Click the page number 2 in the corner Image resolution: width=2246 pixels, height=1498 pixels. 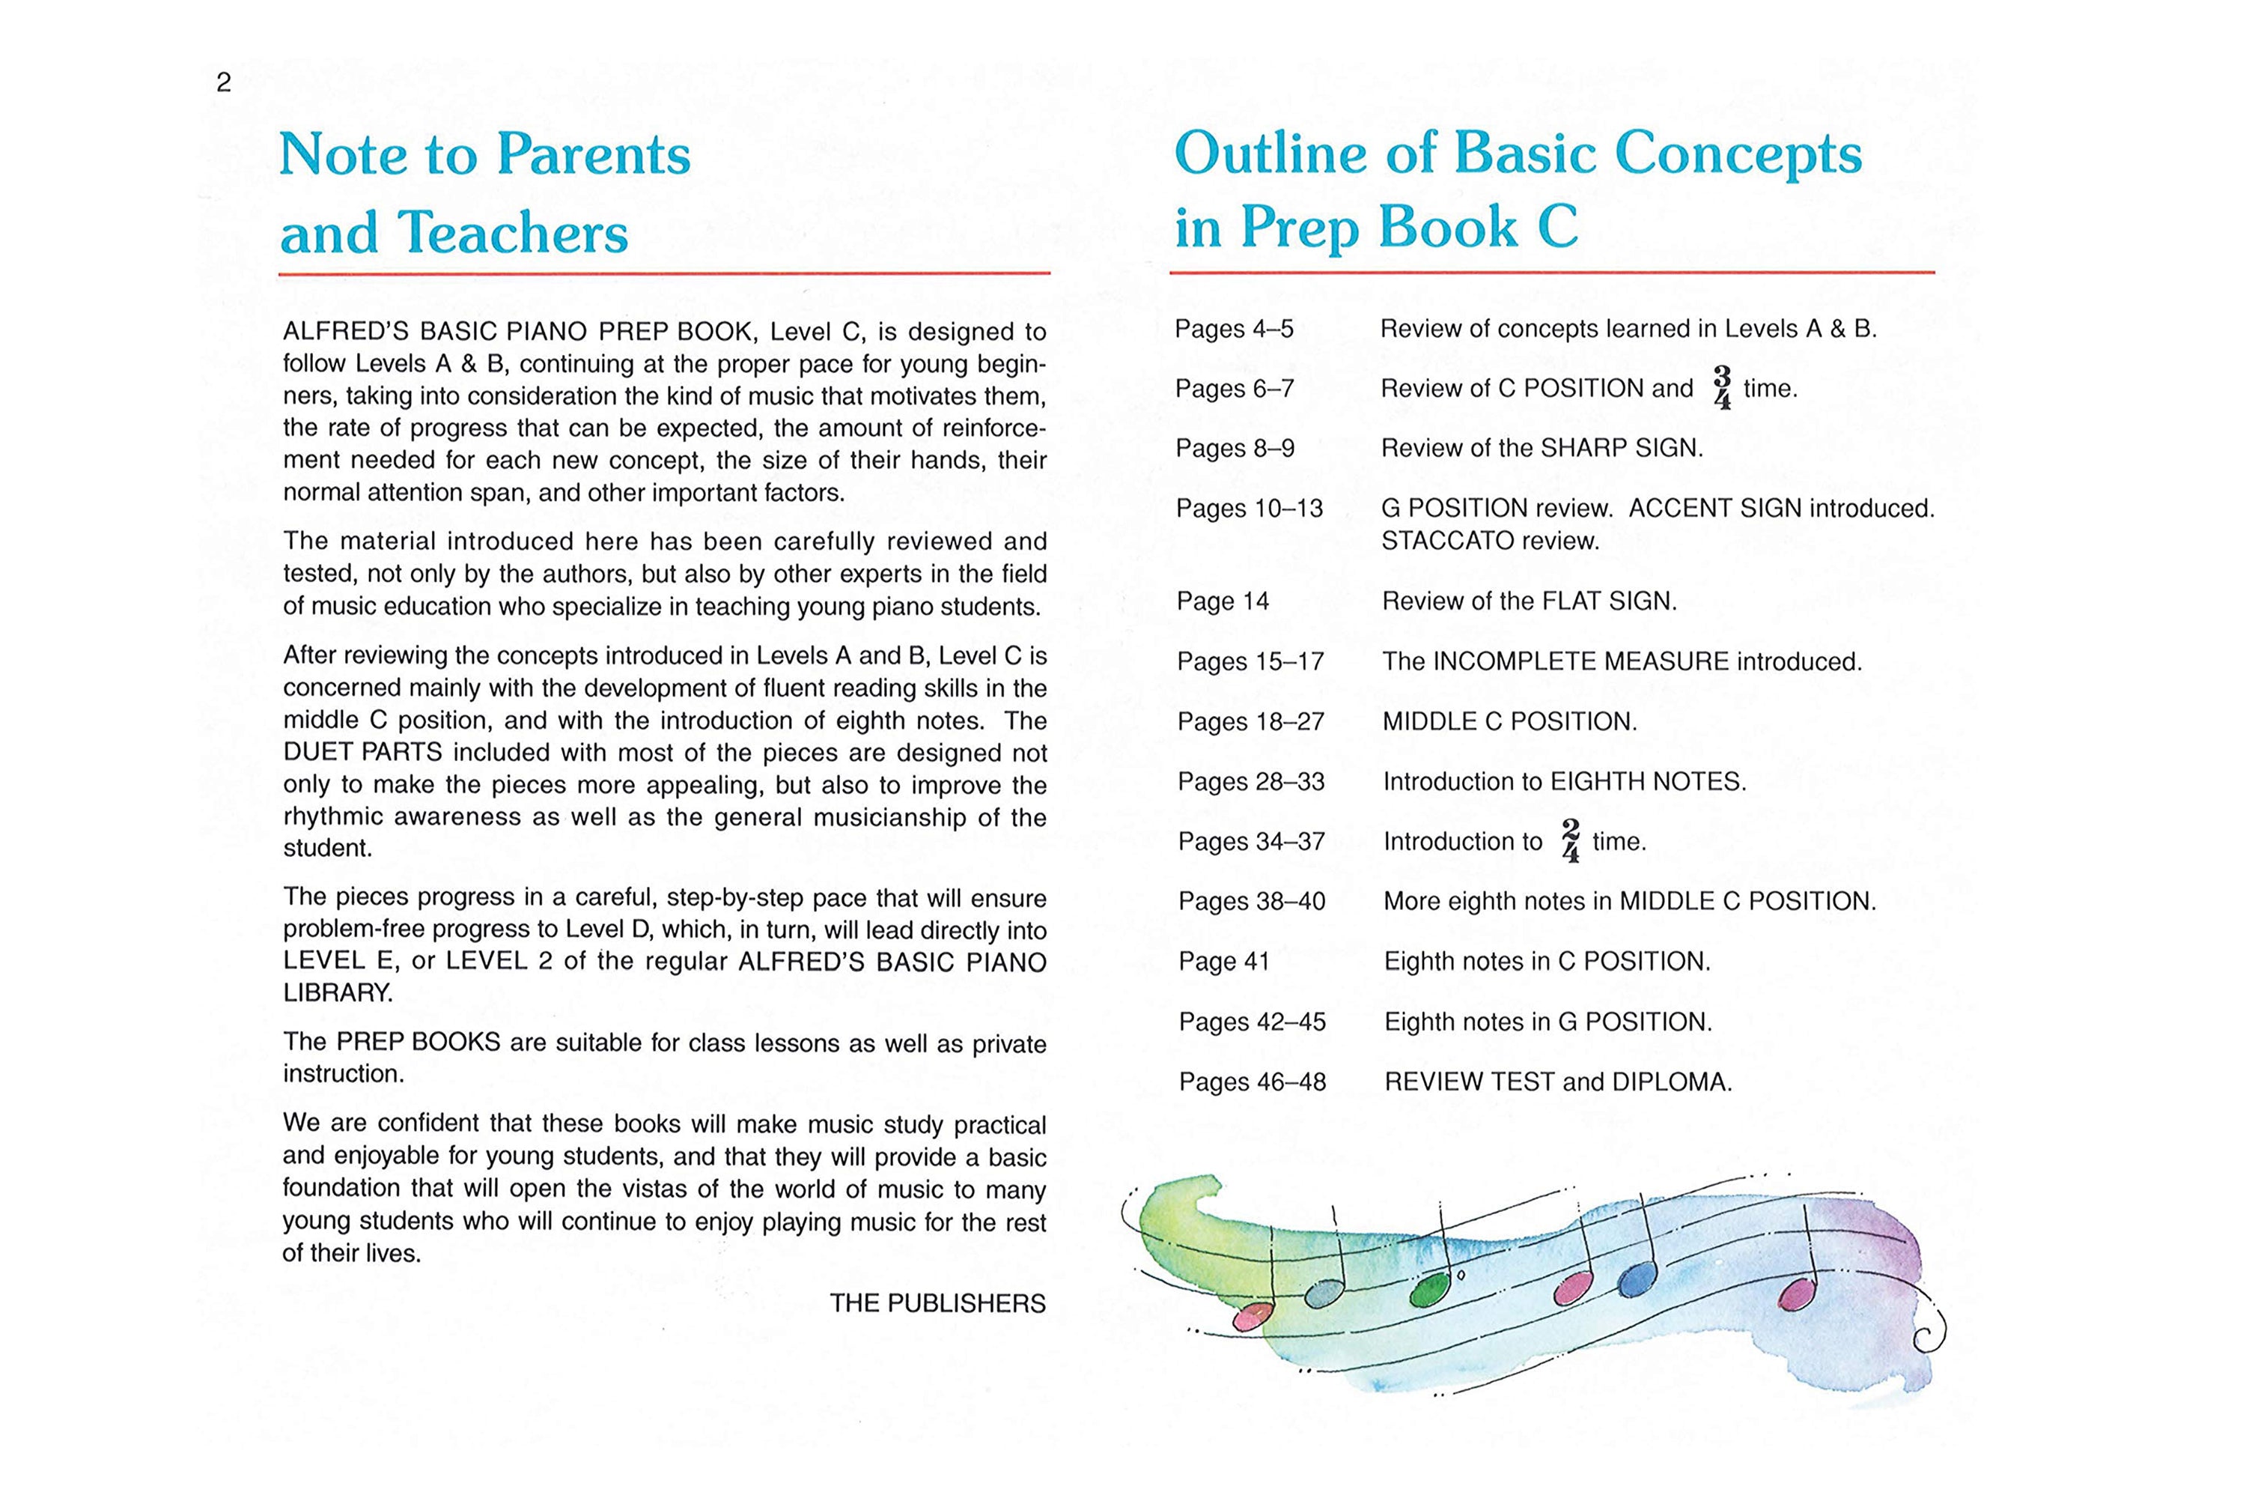(x=223, y=83)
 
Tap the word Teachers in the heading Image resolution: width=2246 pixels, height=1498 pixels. (x=512, y=232)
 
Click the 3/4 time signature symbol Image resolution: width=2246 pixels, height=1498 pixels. (x=1722, y=388)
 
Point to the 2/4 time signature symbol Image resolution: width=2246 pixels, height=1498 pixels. (x=1570, y=840)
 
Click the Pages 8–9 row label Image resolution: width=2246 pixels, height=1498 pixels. (x=1235, y=448)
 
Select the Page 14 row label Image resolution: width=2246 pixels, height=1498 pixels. (x=1223, y=601)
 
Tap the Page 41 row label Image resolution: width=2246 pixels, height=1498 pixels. (x=1224, y=961)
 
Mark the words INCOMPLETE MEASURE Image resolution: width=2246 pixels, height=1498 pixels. (x=1581, y=661)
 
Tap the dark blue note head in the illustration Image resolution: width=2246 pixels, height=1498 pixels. (x=1638, y=1279)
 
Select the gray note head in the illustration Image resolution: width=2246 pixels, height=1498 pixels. (x=1324, y=1294)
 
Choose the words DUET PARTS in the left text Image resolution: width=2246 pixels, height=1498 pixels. (x=363, y=752)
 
